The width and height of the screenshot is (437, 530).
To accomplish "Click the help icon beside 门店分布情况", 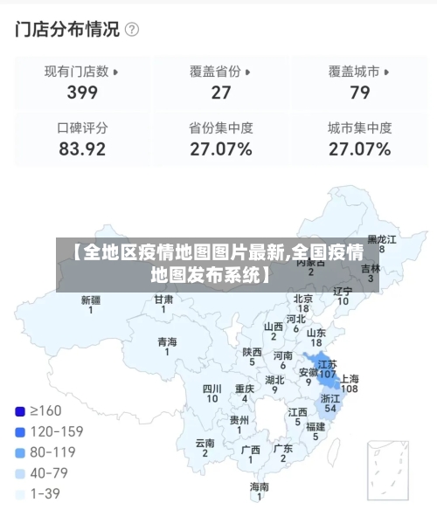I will (133, 30).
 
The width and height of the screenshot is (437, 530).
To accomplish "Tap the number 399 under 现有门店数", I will (82, 93).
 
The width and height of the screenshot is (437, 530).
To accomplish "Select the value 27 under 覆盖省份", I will (221, 93).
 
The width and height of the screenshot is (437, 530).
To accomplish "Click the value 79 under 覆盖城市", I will (359, 93).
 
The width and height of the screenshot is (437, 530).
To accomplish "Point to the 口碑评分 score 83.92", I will (82, 149).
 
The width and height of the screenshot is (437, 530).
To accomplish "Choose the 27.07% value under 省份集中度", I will (221, 149).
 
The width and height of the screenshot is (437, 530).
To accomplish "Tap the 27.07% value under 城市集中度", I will (359, 149).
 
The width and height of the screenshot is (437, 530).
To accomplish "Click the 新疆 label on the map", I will (91, 300).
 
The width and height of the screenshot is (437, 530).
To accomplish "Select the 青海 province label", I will (167, 342).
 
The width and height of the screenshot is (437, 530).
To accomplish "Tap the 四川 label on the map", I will (212, 389).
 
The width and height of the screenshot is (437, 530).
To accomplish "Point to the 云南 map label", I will (205, 443).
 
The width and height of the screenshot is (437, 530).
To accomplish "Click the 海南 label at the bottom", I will (260, 486).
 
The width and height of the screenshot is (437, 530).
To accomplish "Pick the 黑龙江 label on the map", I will (382, 238).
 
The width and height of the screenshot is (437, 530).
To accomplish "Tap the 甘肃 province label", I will (163, 299).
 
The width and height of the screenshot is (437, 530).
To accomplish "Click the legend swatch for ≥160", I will (20, 410).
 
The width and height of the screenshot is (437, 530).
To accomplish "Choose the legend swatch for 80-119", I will (20, 452).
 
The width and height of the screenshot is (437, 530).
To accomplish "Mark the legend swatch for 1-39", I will (20, 494).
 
